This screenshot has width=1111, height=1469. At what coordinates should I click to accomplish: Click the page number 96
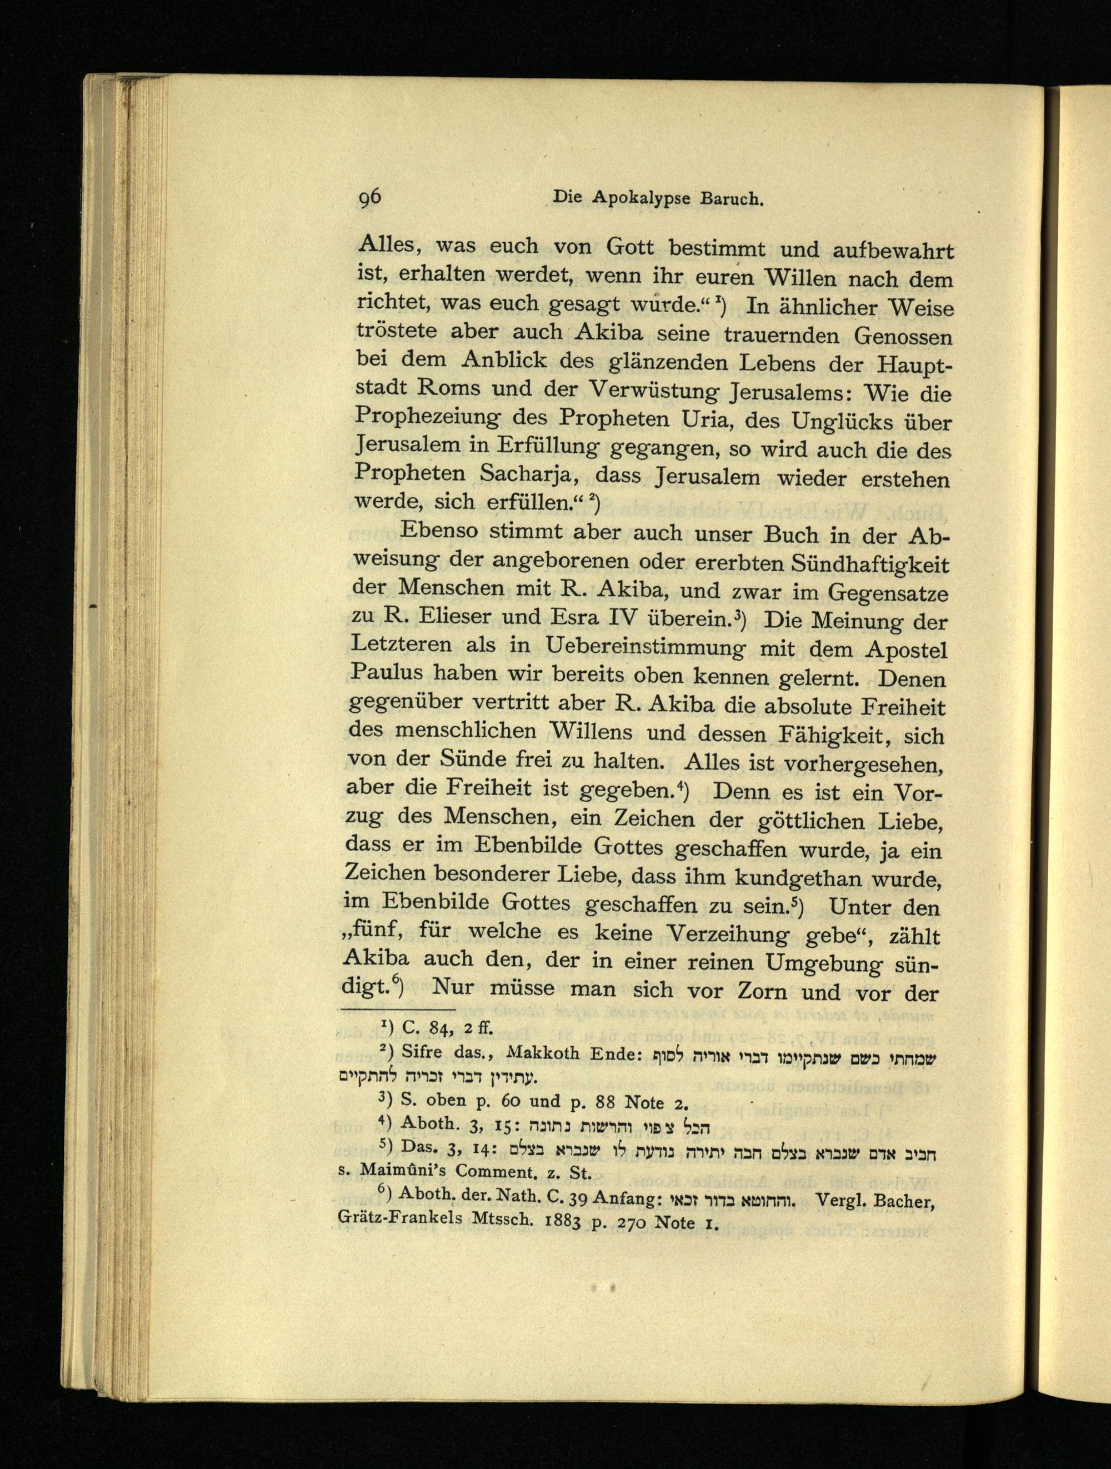coord(369,197)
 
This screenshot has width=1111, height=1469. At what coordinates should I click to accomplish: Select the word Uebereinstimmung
coord(645,646)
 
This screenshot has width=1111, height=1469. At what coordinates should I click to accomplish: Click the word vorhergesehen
coord(866,764)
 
